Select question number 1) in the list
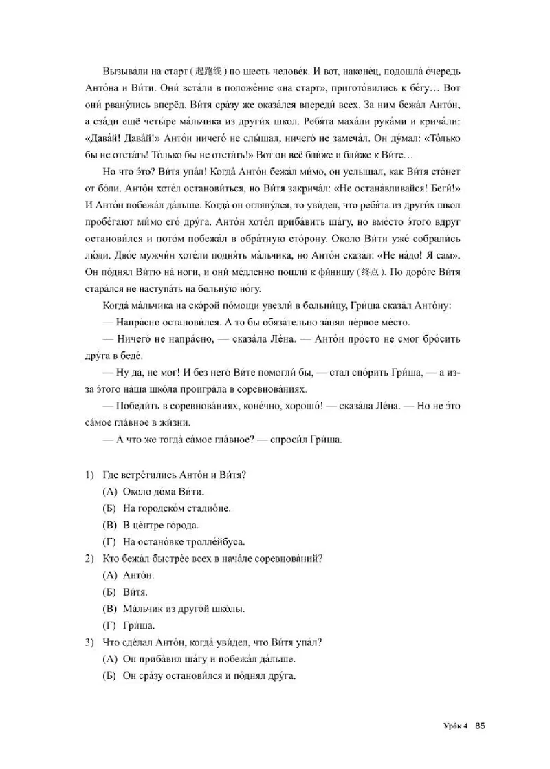pos(90,475)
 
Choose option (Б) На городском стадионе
pos(165,508)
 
